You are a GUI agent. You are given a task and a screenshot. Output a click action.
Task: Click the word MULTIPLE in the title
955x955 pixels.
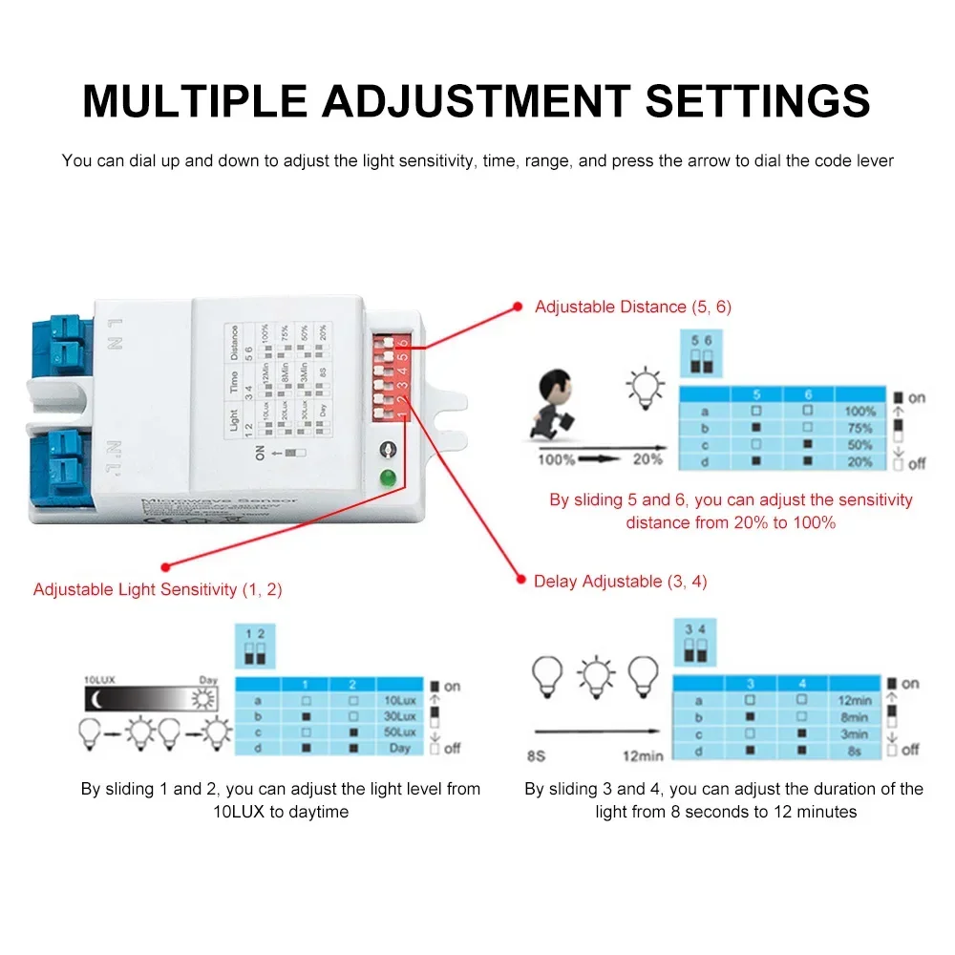[x=195, y=101]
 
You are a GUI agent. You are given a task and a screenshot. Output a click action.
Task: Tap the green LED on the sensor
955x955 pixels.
[x=388, y=479]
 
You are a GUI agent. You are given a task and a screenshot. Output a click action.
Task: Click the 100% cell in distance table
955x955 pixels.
[x=859, y=412]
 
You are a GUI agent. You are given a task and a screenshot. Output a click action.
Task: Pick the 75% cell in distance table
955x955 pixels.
[x=859, y=429]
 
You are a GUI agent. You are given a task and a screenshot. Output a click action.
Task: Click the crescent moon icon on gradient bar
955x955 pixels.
[x=95, y=699]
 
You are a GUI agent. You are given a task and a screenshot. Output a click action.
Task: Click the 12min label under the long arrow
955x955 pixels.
[x=642, y=755]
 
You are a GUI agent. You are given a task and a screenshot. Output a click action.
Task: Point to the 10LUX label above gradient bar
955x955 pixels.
[x=99, y=680]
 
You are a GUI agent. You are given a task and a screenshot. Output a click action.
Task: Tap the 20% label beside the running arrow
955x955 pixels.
[x=647, y=459]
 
